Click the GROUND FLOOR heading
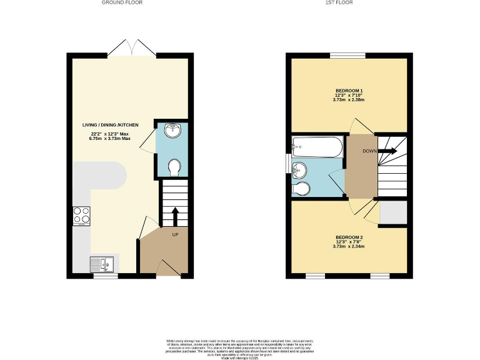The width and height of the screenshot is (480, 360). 122,3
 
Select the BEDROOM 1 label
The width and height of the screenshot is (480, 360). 349,91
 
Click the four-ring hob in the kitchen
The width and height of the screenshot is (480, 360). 81,216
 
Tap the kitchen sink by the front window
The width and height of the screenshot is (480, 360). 101,264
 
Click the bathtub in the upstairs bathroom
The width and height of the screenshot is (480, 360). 317,147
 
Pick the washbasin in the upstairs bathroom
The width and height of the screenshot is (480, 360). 300,169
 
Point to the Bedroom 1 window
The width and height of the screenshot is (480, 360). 347,56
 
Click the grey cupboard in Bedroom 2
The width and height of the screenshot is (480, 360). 393,212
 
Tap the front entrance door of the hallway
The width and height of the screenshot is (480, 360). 167,267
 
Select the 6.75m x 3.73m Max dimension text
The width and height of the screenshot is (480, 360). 112,139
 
